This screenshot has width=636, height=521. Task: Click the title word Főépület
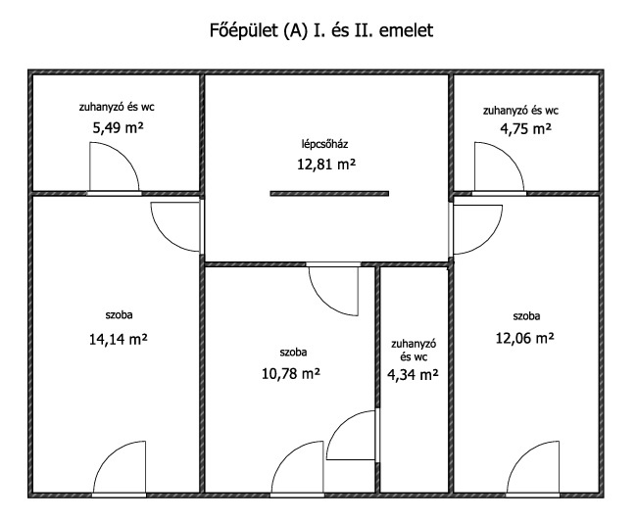(x=243, y=30)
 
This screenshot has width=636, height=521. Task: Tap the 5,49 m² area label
(x=118, y=128)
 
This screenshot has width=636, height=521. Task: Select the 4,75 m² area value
(x=525, y=129)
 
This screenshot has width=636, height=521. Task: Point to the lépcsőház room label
(x=325, y=144)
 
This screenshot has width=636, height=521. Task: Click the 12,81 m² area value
(x=326, y=165)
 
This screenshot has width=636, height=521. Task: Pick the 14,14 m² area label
(x=118, y=339)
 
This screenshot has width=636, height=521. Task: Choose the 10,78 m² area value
(x=291, y=373)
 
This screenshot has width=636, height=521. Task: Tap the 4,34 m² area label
(x=413, y=375)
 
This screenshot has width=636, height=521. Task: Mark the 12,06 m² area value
(x=525, y=338)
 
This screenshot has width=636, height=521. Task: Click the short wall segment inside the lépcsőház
(x=329, y=194)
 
